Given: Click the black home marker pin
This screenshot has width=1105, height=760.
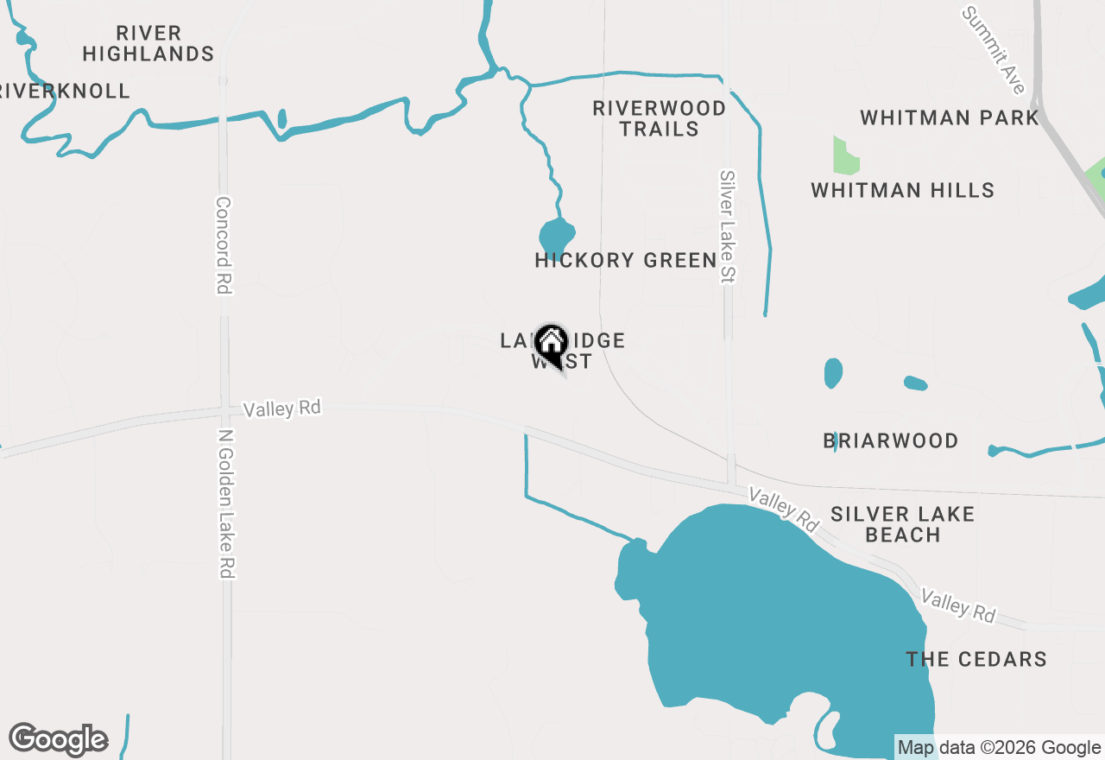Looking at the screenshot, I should pyautogui.click(x=551, y=345).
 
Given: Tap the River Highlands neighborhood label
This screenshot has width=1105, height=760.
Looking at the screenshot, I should pyautogui.click(x=148, y=43).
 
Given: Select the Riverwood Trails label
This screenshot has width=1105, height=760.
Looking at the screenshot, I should pyautogui.click(x=659, y=118).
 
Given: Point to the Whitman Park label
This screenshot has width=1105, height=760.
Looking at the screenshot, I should pyautogui.click(x=949, y=117).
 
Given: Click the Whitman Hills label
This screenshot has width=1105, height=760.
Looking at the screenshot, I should pyautogui.click(x=902, y=190).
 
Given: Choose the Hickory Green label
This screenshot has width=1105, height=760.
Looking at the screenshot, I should pyautogui.click(x=626, y=260).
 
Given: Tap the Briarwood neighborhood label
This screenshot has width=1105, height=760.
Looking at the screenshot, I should pyautogui.click(x=890, y=440).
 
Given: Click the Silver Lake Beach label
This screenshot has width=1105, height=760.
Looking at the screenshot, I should pyautogui.click(x=902, y=524).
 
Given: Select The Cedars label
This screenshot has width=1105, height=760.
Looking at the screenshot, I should pyautogui.click(x=976, y=659).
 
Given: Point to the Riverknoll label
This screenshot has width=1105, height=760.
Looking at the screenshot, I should pyautogui.click(x=65, y=91).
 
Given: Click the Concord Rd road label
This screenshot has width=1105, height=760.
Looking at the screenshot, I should pyautogui.click(x=224, y=245).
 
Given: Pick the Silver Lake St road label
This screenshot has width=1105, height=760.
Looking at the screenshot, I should pyautogui.click(x=727, y=226).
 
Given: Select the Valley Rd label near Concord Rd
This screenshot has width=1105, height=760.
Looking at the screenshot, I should pyautogui.click(x=281, y=408).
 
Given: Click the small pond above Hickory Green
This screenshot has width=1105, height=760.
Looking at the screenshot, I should pyautogui.click(x=557, y=236).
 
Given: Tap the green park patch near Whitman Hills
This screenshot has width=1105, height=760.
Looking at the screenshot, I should pyautogui.click(x=845, y=156).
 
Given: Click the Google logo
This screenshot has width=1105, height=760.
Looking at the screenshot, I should pyautogui.click(x=59, y=740).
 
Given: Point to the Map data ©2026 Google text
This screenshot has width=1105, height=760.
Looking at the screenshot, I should pyautogui.click(x=999, y=748).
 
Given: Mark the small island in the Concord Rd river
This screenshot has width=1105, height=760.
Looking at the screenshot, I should pyautogui.click(x=282, y=118).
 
